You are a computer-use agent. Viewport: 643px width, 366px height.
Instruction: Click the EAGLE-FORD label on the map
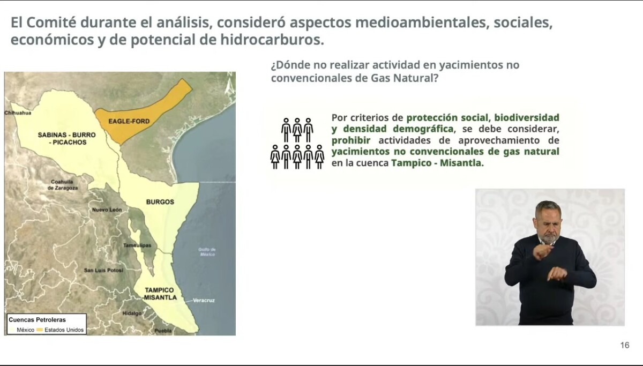click(129, 121)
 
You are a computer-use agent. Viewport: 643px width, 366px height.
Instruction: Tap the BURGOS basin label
click(160, 202)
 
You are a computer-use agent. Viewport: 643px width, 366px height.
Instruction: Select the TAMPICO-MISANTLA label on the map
click(160, 294)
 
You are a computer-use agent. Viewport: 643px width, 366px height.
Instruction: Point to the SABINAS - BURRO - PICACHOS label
click(67, 138)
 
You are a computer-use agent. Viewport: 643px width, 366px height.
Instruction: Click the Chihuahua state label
click(18, 113)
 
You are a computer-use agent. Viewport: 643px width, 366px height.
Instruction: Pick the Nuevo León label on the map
click(107, 210)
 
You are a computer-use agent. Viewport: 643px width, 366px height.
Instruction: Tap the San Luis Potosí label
click(103, 270)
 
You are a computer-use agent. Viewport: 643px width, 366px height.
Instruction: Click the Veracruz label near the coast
click(204, 300)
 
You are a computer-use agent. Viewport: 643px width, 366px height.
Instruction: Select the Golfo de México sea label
click(207, 252)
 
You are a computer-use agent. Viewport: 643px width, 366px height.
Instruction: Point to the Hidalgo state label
click(132, 313)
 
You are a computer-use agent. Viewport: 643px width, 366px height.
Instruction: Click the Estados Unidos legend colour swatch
click(40, 330)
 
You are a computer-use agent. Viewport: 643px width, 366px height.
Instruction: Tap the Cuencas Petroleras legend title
click(37, 319)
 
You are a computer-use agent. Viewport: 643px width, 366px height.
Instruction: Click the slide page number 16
click(625, 345)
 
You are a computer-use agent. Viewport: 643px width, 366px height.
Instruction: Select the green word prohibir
click(351, 140)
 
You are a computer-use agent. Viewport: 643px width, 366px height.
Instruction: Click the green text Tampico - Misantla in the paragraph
click(437, 163)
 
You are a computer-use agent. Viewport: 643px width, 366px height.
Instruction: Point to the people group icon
click(297, 143)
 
